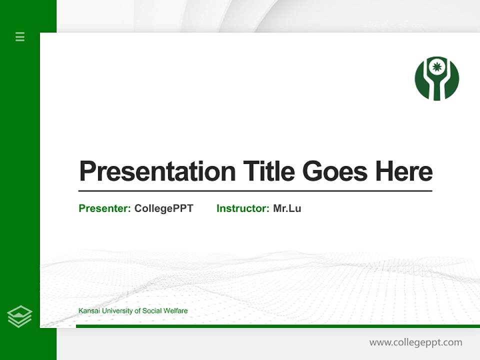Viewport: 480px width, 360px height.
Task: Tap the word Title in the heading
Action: (268, 171)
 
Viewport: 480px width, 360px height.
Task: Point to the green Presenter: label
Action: (104, 208)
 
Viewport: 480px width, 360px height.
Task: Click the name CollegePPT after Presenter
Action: (163, 208)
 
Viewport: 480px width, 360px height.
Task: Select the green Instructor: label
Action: (242, 208)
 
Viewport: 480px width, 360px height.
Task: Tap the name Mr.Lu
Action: (287, 208)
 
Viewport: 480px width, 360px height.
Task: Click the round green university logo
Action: (436, 78)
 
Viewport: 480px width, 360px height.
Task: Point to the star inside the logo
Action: (436, 66)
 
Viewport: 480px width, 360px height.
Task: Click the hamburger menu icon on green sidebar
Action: (20, 36)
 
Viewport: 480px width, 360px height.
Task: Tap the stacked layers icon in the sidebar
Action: (19, 316)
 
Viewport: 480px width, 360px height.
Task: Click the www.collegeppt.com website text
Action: (415, 342)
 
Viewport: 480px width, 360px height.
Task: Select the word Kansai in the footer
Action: (88, 311)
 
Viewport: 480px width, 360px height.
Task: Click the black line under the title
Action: (255, 191)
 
